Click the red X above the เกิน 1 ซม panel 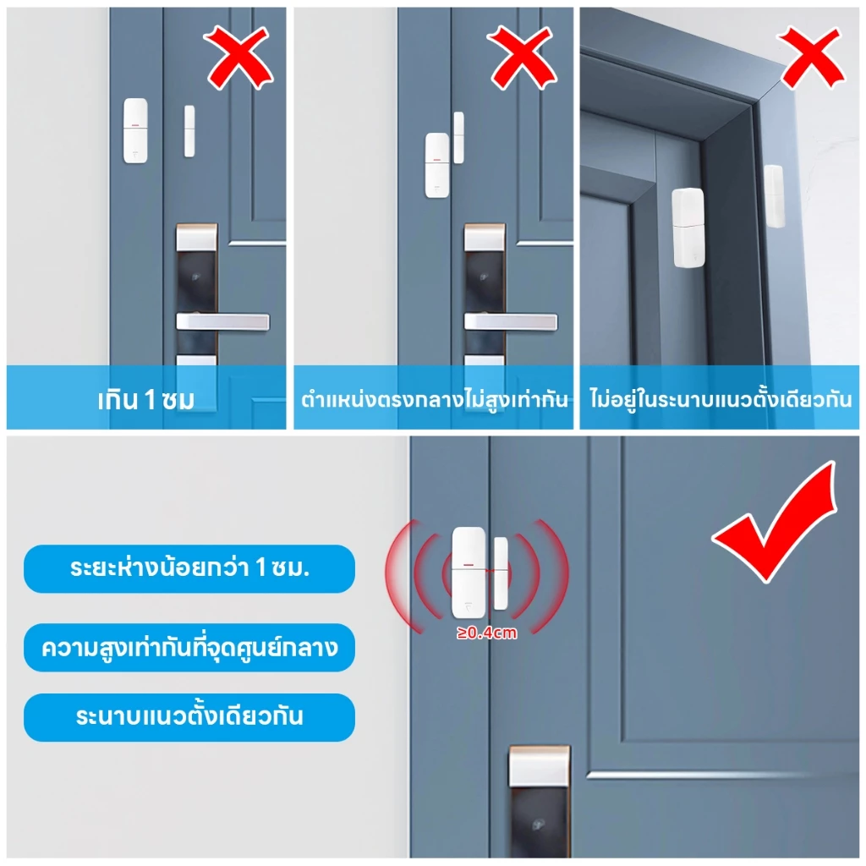tap(238, 58)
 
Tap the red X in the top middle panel tap(522, 58)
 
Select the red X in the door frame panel tap(811, 58)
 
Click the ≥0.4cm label tap(486, 633)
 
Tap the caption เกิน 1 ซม tap(145, 400)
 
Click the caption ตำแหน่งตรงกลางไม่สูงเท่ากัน tap(434, 399)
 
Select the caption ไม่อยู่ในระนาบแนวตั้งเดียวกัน tap(721, 399)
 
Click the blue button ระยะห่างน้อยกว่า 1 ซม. tap(189, 569)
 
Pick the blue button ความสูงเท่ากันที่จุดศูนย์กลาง tap(189, 647)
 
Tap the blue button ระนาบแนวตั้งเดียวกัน tap(189, 717)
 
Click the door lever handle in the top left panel tap(222, 321)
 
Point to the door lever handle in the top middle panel tap(510, 321)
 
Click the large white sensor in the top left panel tap(135, 131)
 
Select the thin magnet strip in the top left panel tap(189, 131)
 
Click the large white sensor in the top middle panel tap(437, 165)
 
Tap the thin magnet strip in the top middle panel tap(458, 138)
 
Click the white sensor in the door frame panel tap(688, 227)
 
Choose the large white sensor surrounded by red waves tap(469, 573)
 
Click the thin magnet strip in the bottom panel tap(501, 573)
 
